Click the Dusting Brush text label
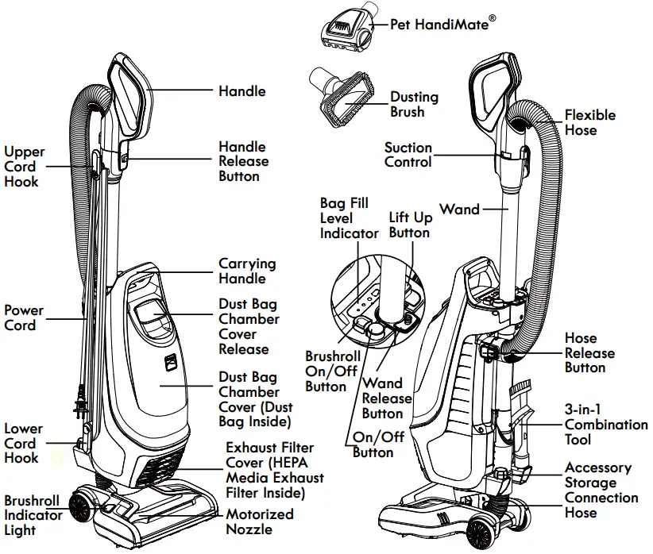click(x=414, y=105)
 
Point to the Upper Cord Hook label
click(x=24, y=167)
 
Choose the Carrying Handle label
click(x=247, y=271)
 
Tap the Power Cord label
click(x=24, y=318)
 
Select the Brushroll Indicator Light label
click(x=33, y=515)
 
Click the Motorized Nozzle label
click(x=259, y=521)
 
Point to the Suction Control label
click(x=408, y=155)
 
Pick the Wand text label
click(x=459, y=210)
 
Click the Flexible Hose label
click(x=589, y=122)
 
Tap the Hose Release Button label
click(x=589, y=352)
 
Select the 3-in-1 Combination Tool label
click(x=605, y=425)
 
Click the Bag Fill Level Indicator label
click(x=349, y=218)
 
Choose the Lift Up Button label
click(x=409, y=225)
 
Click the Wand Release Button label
click(x=387, y=398)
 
